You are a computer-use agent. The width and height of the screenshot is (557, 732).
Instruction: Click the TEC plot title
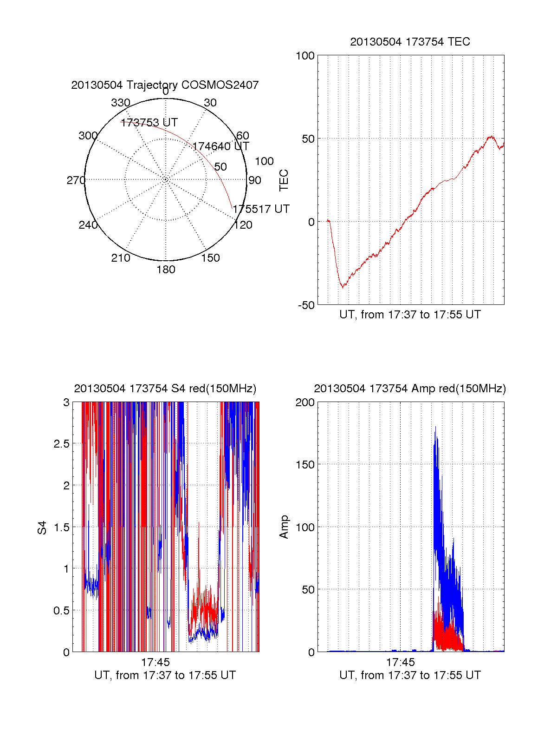[410, 42]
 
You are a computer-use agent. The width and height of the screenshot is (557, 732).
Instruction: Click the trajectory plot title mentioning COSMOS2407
[165, 85]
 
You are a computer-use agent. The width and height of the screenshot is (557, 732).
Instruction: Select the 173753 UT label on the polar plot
[149, 123]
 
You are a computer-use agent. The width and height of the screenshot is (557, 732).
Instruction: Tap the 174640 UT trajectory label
[220, 146]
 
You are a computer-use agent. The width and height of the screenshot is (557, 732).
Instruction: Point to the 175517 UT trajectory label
[261, 209]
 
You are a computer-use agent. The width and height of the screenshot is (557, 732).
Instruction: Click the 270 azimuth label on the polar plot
[76, 180]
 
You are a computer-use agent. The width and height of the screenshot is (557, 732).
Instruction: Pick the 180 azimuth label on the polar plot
[166, 270]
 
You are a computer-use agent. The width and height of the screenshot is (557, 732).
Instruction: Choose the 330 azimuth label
[120, 103]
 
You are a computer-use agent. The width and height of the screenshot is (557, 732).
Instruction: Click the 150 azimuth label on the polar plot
[210, 258]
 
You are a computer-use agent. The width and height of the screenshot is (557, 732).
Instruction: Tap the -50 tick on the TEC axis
[306, 305]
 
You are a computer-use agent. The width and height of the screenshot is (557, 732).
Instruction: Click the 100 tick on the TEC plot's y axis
[305, 56]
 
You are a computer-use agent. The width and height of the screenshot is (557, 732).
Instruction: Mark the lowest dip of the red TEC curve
[343, 287]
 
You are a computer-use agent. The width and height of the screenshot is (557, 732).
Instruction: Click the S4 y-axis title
[42, 528]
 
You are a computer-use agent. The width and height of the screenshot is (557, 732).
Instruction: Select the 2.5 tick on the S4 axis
[61, 444]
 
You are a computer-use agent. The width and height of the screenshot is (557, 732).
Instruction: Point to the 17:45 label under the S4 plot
[155, 662]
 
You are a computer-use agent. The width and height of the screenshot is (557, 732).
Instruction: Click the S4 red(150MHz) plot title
[165, 389]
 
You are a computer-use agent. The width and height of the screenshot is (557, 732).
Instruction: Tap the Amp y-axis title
[284, 527]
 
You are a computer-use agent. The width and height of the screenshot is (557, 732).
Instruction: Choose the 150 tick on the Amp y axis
[305, 465]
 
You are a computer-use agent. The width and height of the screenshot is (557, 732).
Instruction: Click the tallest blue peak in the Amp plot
[435, 428]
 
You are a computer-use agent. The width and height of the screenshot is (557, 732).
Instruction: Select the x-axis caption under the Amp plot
[410, 675]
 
